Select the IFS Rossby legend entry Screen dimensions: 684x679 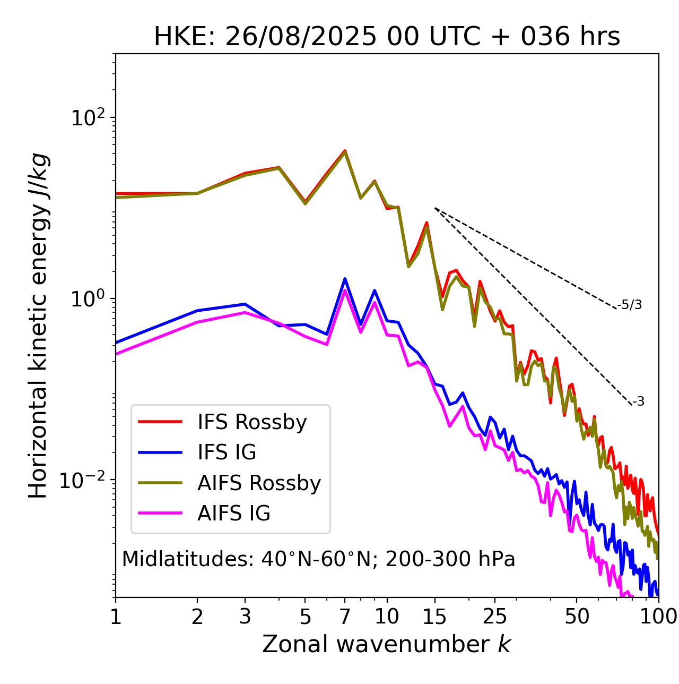252,422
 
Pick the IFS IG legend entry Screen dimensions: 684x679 227,452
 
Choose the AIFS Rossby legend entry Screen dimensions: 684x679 259,483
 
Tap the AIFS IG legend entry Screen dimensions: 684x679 234,514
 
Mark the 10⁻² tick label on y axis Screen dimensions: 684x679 85,480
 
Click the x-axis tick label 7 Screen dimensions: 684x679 345,617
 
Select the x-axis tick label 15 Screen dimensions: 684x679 434,617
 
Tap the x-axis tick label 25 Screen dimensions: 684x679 495,617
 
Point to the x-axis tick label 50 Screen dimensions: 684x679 577,617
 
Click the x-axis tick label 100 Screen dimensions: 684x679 658,617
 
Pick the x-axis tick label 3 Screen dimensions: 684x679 245,617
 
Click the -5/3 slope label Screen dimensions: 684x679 630,305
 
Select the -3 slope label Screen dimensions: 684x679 638,402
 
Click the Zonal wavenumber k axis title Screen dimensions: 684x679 386,644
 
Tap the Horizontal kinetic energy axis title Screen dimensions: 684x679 38,326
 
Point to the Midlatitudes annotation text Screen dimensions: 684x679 318,559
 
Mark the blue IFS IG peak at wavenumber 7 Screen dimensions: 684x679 345,279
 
